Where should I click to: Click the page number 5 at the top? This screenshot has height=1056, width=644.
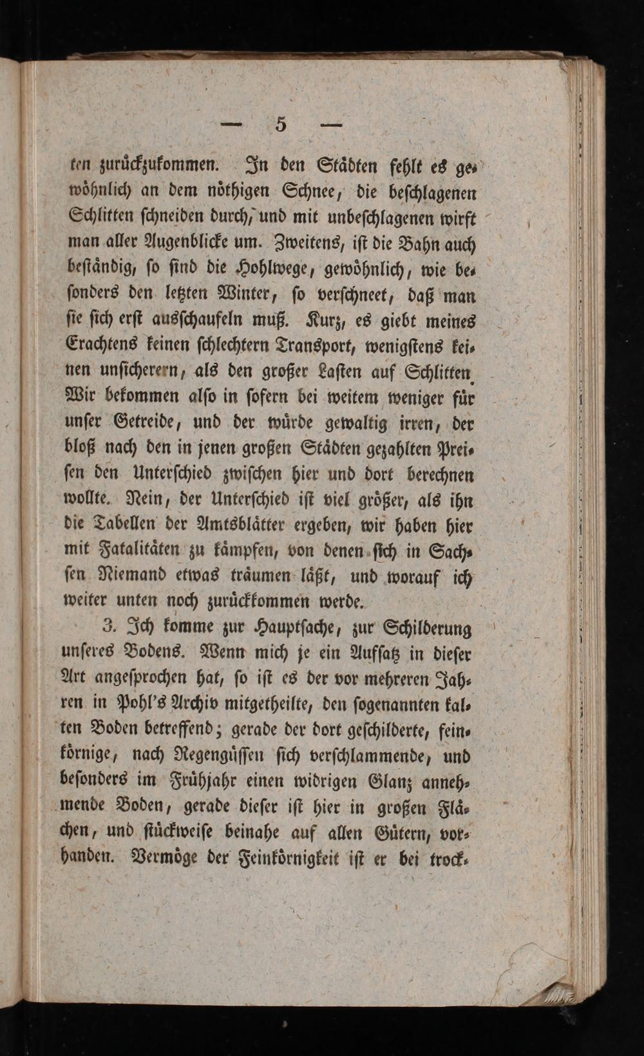pyautogui.click(x=280, y=124)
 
